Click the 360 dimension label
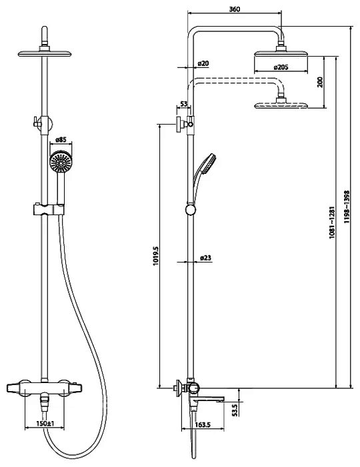pyautogui.click(x=234, y=9)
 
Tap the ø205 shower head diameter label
pyautogui.click(x=281, y=67)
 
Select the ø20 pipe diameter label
pyautogui.click(x=203, y=63)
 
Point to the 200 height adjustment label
pyautogui.click(x=320, y=82)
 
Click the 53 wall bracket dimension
pyautogui.click(x=184, y=104)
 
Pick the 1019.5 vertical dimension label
pyautogui.click(x=155, y=256)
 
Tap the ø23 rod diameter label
pyautogui.click(x=205, y=258)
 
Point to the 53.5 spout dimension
pyautogui.click(x=235, y=410)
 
